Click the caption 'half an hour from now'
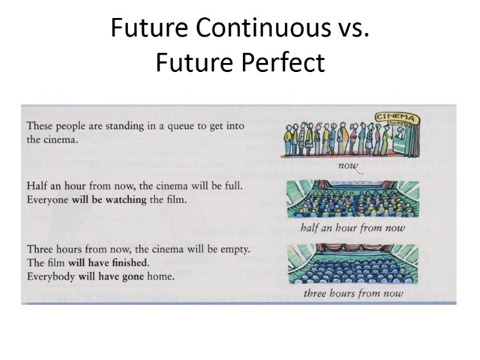(353, 227)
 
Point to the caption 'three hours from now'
(353, 293)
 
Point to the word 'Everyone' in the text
(48, 200)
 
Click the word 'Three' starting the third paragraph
(40, 248)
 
